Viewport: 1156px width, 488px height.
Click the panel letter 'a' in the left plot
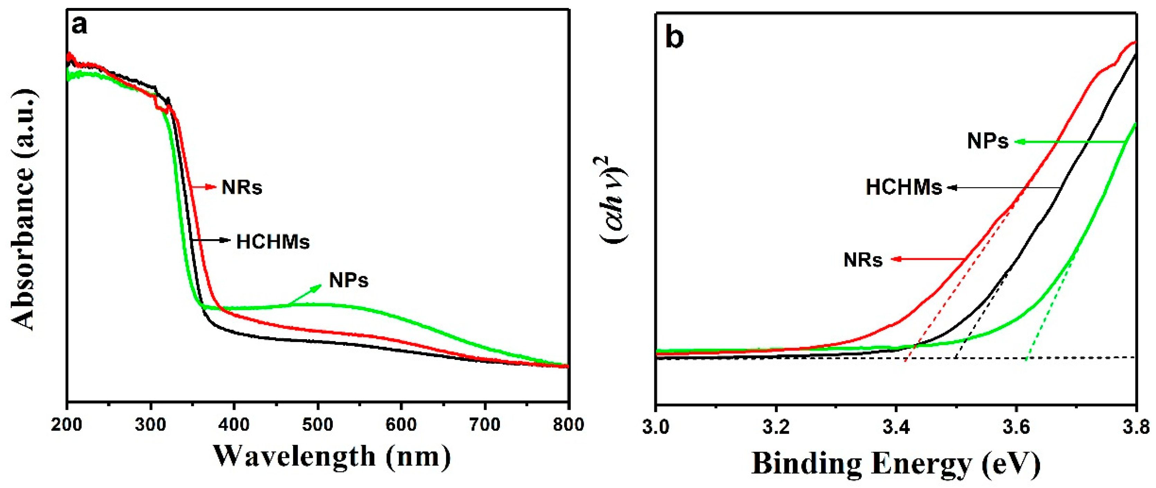[80, 26]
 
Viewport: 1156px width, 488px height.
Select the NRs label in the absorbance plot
[242, 187]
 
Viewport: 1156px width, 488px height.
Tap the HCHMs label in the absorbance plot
[273, 242]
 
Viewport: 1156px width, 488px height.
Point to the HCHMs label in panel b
[903, 187]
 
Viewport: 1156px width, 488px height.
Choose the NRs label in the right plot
[863, 260]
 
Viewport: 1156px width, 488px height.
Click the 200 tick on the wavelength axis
[67, 424]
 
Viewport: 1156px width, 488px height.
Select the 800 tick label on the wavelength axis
[568, 424]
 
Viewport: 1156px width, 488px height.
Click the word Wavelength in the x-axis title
[294, 457]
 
